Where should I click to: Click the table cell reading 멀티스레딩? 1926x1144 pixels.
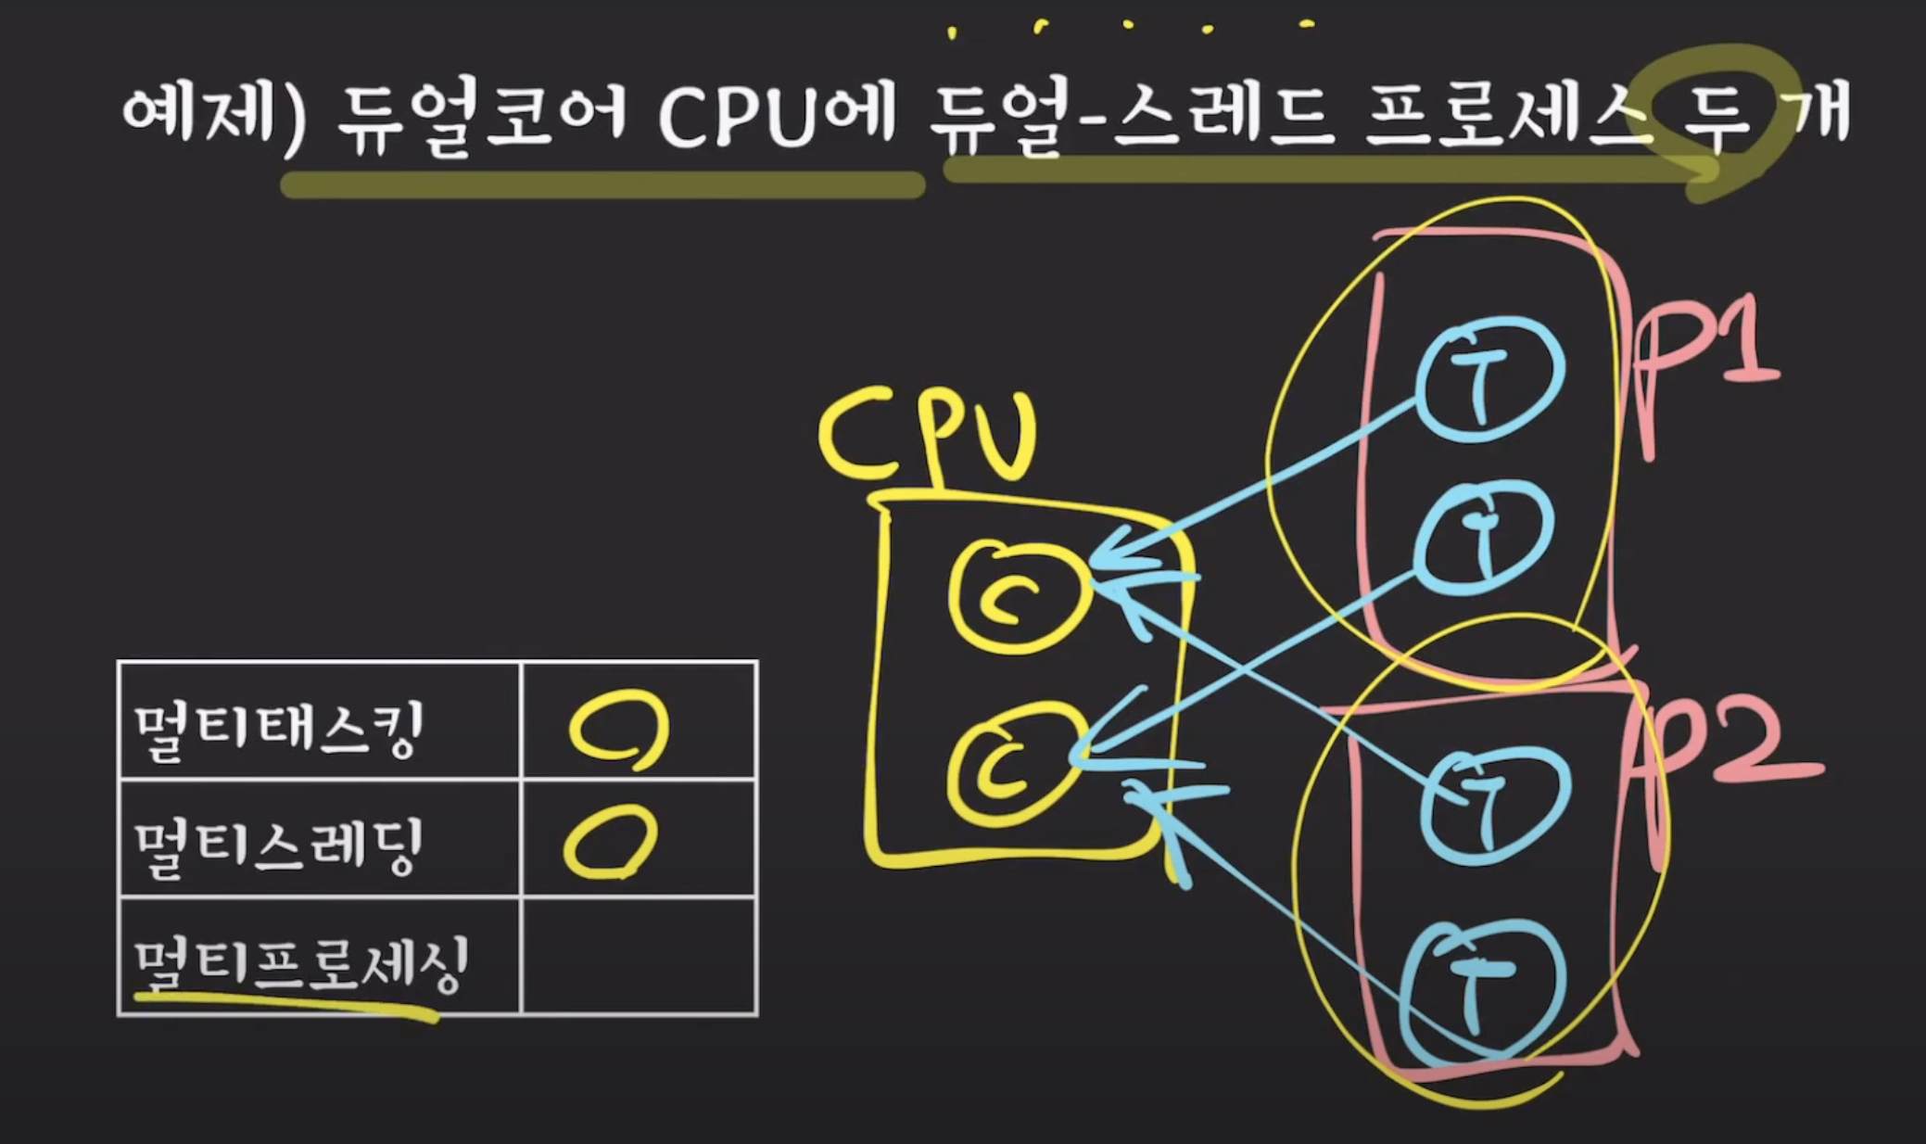coord(278,844)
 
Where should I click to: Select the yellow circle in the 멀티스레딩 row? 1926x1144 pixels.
coord(610,842)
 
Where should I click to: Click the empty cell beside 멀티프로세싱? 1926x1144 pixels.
coord(640,957)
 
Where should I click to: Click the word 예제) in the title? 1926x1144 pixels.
coord(213,116)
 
